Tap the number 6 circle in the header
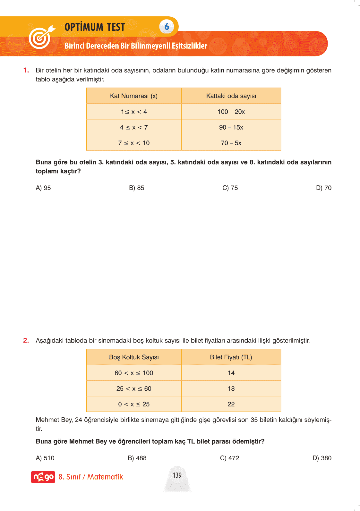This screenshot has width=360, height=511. [x=167, y=26]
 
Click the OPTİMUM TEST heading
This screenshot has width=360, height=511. [x=95, y=27]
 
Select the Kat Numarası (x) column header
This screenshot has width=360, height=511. [x=134, y=96]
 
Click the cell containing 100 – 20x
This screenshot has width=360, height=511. [x=231, y=112]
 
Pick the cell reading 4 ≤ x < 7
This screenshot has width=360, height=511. [x=134, y=127]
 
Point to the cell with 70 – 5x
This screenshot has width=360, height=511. [x=231, y=143]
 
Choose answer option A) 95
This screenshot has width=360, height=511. [x=43, y=188]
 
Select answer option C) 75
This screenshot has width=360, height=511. [x=230, y=188]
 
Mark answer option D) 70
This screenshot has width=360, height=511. [x=323, y=188]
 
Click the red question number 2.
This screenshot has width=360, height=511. [x=26, y=340]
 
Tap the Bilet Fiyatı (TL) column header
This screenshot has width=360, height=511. [x=231, y=357]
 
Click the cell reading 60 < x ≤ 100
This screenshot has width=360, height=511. [x=134, y=373]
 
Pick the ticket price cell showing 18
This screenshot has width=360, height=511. [x=231, y=389]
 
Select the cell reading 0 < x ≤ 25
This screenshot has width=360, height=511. [x=134, y=405]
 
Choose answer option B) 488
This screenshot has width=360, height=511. [x=137, y=458]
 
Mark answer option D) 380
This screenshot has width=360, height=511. [x=322, y=458]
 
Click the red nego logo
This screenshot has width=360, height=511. [x=43, y=477]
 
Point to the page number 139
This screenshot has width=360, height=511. [x=177, y=475]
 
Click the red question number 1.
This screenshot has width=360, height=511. [x=26, y=70]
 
